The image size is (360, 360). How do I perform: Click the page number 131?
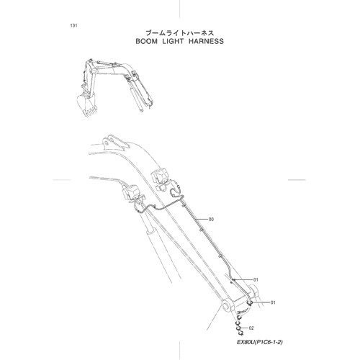[73, 26]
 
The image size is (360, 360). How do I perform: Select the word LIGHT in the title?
[173, 41]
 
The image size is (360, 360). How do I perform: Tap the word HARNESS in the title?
[206, 41]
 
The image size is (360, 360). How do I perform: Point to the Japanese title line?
[180, 33]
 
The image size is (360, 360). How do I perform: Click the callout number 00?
[211, 220]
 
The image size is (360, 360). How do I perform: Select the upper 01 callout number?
[256, 280]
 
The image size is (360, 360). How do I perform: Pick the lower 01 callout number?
[273, 302]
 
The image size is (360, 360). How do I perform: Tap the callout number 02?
[251, 328]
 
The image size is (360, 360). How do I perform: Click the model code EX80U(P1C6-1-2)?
[260, 342]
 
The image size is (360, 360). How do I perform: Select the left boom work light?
[131, 192]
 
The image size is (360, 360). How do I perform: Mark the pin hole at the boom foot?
[226, 307]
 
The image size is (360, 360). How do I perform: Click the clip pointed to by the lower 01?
[250, 303]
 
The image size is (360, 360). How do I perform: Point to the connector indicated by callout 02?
[239, 328]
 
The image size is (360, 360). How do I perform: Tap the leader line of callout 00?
[202, 220]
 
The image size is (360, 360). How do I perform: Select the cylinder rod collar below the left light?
[151, 231]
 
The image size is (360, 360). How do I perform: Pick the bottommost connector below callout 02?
[240, 333]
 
